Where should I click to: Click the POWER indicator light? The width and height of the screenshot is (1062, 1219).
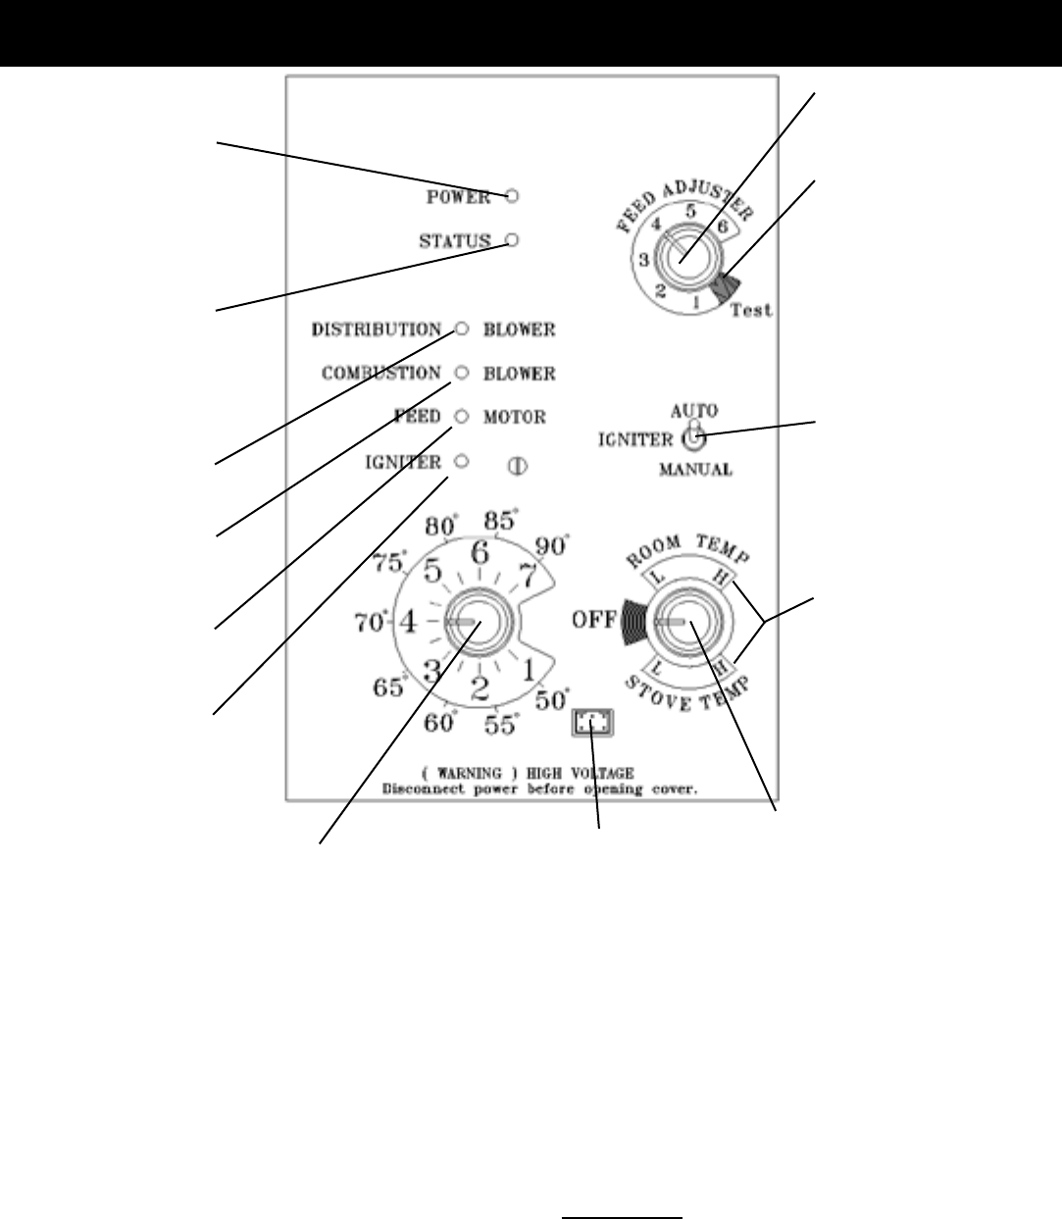pyautogui.click(x=513, y=196)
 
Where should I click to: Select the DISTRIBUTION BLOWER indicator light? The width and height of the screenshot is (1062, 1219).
pyautogui.click(x=462, y=330)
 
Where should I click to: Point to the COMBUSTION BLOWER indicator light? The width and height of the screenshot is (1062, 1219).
pyautogui.click(x=462, y=374)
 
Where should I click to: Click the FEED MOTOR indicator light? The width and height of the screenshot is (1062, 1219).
pyautogui.click(x=461, y=417)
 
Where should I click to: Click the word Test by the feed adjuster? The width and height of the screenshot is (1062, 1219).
pyautogui.click(x=751, y=310)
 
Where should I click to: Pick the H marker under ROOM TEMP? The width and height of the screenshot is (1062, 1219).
pyautogui.click(x=721, y=581)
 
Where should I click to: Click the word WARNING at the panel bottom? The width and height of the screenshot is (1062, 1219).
pyautogui.click(x=475, y=774)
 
